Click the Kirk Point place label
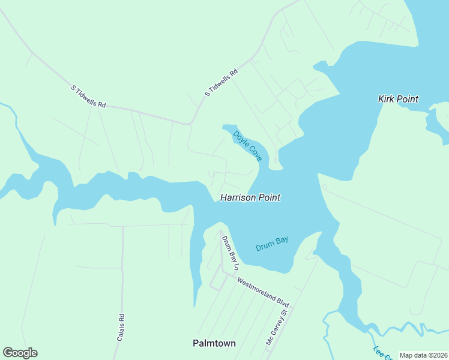398,99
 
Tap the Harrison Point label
250,197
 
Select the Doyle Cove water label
248,146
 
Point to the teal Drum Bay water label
272,243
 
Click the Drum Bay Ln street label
231,251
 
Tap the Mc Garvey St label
278,327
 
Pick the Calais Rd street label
121,328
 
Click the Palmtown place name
214,343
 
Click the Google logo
20,353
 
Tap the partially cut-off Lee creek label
380,353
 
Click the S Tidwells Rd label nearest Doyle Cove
221,83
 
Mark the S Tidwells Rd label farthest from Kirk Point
88,97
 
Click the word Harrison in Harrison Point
238,197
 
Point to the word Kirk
387,99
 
